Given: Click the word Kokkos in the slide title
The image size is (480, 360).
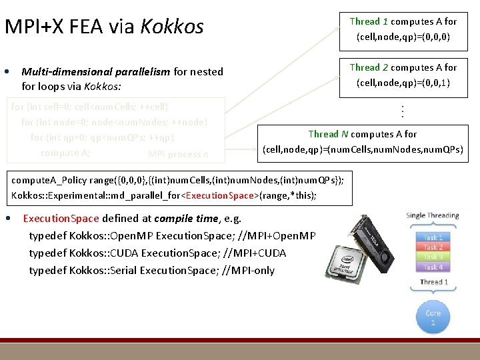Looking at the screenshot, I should pyautogui.click(x=173, y=27).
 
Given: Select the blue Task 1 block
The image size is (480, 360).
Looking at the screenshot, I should pyautogui.click(x=433, y=237).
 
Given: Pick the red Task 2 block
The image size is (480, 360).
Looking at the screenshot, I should pyautogui.click(x=433, y=247).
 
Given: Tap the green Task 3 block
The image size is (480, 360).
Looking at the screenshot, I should pyautogui.click(x=433, y=257).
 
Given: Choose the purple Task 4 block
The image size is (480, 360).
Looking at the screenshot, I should pyautogui.click(x=433, y=267).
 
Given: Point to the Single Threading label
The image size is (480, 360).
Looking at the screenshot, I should pyautogui.click(x=433, y=215).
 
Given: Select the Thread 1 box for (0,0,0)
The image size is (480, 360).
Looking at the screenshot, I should pyautogui.click(x=403, y=29).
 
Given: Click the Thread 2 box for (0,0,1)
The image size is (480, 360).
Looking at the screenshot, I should pyautogui.click(x=403, y=75).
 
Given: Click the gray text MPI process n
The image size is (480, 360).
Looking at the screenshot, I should pyautogui.click(x=178, y=155).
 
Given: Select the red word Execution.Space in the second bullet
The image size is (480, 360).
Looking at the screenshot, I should pyautogui.click(x=61, y=219).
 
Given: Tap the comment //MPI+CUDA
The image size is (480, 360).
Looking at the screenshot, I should pyautogui.click(x=254, y=253).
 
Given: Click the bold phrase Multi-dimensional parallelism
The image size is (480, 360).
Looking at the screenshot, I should pyautogui.click(x=96, y=72).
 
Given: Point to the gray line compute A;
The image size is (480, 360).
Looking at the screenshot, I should pyautogui.click(x=65, y=153).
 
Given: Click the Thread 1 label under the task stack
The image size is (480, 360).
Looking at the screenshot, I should pyautogui.click(x=433, y=282).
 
